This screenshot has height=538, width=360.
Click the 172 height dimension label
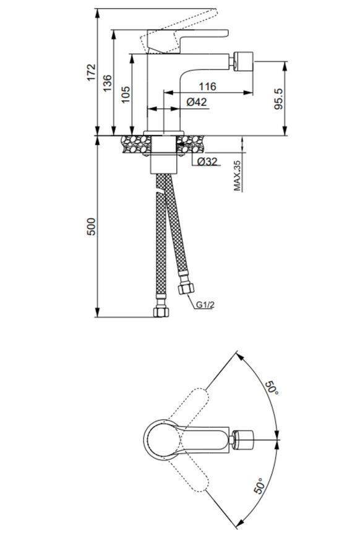click(91, 72)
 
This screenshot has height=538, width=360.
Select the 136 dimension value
click(107, 83)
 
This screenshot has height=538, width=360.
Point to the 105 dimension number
click(126, 94)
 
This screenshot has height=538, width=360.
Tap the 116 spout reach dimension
click(208, 86)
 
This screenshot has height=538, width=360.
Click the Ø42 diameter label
click(197, 102)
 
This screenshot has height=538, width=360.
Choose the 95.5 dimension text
click(278, 98)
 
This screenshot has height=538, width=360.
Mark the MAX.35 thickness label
click(237, 176)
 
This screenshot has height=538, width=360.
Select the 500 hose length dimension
click(91, 226)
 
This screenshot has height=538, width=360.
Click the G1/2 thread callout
click(205, 305)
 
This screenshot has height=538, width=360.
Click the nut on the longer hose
click(161, 311)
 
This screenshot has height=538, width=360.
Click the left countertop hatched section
click(136, 144)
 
